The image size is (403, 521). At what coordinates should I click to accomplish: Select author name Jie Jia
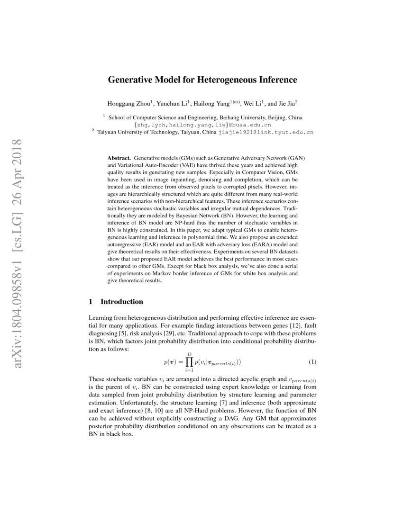pyautogui.click(x=285, y=103)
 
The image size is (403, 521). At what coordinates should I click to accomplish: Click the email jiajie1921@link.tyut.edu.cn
pyautogui.click(x=266, y=133)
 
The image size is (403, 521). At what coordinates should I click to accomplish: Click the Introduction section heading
pyautogui.click(x=122, y=302)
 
